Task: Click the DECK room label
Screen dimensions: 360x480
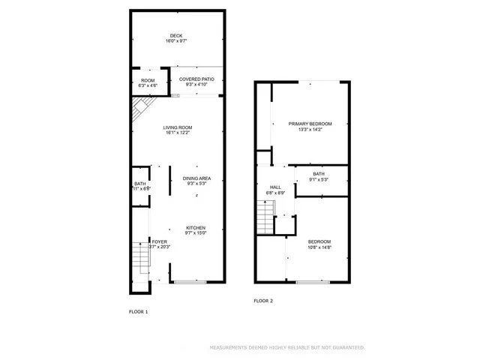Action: pyautogui.click(x=176, y=35)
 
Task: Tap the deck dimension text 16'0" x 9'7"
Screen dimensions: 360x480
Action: pyautogui.click(x=176, y=41)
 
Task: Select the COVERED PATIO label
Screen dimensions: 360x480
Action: pyautogui.click(x=196, y=79)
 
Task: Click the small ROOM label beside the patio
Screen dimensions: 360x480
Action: pyautogui.click(x=147, y=79)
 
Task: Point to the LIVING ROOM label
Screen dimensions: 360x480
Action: pyautogui.click(x=178, y=127)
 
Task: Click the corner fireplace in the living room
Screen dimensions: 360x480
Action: pyautogui.click(x=139, y=112)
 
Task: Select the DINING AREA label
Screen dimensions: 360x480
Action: pyautogui.click(x=196, y=178)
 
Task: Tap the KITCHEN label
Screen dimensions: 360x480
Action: pyautogui.click(x=196, y=228)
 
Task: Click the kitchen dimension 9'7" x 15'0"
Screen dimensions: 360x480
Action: pyautogui.click(x=196, y=233)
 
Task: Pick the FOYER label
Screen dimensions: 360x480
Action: pyautogui.click(x=159, y=241)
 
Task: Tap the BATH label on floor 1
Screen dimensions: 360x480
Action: pyautogui.click(x=140, y=183)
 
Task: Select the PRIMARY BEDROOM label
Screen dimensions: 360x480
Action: pyautogui.click(x=310, y=124)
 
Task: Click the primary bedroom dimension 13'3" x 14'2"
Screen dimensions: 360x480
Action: pyautogui.click(x=310, y=130)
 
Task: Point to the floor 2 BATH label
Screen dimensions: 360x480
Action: pyautogui.click(x=319, y=174)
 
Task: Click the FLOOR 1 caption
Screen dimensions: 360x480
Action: pyautogui.click(x=139, y=311)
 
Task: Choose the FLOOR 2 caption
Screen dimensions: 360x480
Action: pyautogui.click(x=263, y=301)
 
